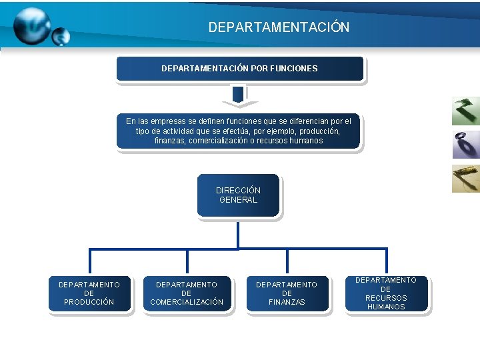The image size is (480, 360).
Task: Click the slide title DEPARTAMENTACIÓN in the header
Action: [279, 27]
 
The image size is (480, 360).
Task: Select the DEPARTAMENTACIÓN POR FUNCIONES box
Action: [240, 69]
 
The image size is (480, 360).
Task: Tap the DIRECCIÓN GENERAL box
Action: [238, 195]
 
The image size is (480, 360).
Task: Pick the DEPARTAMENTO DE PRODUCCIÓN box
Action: [89, 293]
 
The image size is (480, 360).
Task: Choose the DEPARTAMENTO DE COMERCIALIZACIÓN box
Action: [187, 293]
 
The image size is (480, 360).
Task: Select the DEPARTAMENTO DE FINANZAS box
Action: [287, 293]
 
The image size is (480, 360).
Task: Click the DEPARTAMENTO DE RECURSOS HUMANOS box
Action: [385, 293]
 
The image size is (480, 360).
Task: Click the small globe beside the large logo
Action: [61, 36]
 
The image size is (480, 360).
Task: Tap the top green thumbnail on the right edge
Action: [465, 111]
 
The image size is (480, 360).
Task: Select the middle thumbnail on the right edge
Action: [465, 145]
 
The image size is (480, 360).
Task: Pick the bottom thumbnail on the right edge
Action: [465, 178]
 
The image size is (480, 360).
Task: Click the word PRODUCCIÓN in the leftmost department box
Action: [89, 302]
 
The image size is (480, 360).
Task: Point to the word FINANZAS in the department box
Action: [287, 302]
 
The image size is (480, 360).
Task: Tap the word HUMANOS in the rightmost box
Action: [386, 307]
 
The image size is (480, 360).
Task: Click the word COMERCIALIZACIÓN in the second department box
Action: [187, 302]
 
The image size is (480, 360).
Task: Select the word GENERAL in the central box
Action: [238, 199]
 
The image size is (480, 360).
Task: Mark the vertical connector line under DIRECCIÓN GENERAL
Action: [238, 233]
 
